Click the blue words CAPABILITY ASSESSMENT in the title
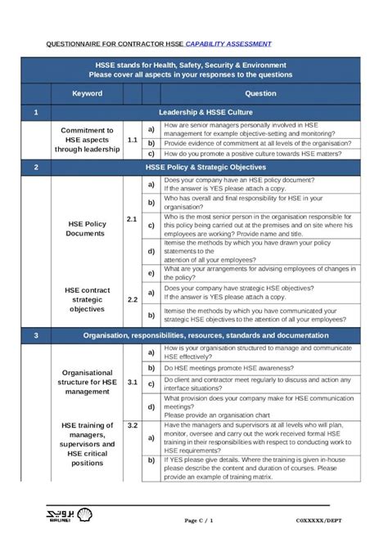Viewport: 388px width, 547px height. coord(228,43)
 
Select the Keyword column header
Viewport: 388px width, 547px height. coord(87,93)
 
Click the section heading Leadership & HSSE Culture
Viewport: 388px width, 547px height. coord(205,112)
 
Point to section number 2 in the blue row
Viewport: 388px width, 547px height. coord(36,167)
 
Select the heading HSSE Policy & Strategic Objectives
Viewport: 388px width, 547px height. coord(205,167)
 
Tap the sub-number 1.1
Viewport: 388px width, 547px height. coord(132,140)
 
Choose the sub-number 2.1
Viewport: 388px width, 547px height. coord(132,219)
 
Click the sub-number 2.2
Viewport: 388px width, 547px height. coord(132,299)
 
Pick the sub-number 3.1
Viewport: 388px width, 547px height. coord(132,381)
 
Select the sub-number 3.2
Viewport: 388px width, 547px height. coord(132,426)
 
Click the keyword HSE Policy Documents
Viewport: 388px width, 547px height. coord(86,228)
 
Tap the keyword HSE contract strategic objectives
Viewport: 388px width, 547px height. coord(87,299)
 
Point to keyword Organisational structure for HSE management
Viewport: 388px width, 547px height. coord(87,380)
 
